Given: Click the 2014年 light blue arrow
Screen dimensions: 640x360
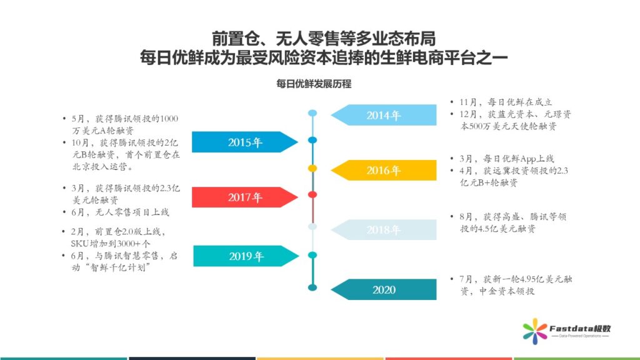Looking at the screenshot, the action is click(384, 115).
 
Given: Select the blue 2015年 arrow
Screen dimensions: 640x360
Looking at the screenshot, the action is click(245, 142).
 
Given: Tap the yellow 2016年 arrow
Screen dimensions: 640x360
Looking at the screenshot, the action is click(384, 170).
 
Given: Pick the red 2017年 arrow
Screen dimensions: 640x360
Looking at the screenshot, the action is click(245, 197).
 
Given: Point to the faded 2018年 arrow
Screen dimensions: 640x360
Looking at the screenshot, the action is click(384, 230).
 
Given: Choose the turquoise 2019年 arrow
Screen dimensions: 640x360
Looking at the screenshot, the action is click(246, 256).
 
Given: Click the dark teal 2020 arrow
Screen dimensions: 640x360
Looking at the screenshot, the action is click(384, 289).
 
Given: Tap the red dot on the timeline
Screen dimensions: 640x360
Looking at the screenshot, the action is click(312, 195).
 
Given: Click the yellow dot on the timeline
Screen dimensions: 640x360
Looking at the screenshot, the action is click(312, 168).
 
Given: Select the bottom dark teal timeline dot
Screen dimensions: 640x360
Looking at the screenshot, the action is click(312, 287).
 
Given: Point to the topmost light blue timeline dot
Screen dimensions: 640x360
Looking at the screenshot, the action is click(312, 113).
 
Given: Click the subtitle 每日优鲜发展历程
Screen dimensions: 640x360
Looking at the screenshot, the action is click(314, 84).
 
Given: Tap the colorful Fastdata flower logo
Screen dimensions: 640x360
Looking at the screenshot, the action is click(535, 331).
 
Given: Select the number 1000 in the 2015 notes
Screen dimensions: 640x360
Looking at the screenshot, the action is click(169, 119).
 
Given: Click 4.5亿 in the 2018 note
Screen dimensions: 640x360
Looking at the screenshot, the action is click(486, 229).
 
